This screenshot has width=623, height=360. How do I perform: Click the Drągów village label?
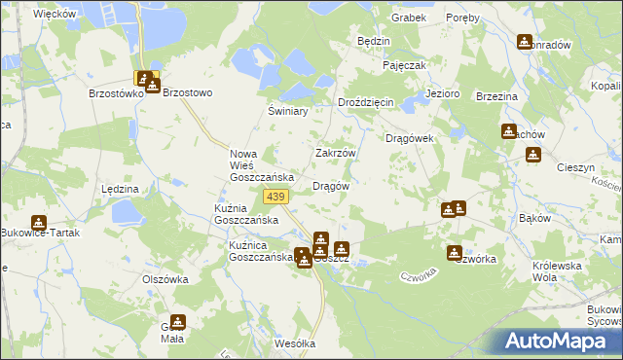[330, 186]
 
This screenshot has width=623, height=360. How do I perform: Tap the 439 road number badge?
[275, 198]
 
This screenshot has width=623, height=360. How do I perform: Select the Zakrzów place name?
[336, 153]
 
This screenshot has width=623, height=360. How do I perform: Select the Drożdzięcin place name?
[365, 102]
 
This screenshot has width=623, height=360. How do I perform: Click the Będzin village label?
[374, 42]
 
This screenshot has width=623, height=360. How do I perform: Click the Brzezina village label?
[495, 97]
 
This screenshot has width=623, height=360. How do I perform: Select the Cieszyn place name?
[575, 167]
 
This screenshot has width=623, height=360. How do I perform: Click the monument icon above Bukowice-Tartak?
[38, 224]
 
